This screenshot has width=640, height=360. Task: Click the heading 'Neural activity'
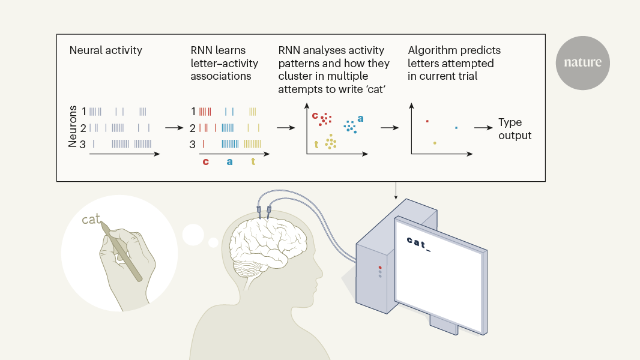(106, 50)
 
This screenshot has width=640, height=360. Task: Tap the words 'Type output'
(515, 129)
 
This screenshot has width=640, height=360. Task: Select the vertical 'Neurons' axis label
(73, 126)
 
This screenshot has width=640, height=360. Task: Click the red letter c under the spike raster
(205, 161)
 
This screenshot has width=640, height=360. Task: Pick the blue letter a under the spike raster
(229, 161)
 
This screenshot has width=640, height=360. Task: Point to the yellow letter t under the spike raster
(253, 161)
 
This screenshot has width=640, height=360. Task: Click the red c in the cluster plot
(315, 115)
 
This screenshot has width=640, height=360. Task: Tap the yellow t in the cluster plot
(316, 144)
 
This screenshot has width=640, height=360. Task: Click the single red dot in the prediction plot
(427, 121)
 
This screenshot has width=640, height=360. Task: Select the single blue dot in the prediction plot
(456, 127)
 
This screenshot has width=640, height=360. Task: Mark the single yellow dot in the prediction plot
(435, 143)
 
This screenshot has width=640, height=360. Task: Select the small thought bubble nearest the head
(213, 242)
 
